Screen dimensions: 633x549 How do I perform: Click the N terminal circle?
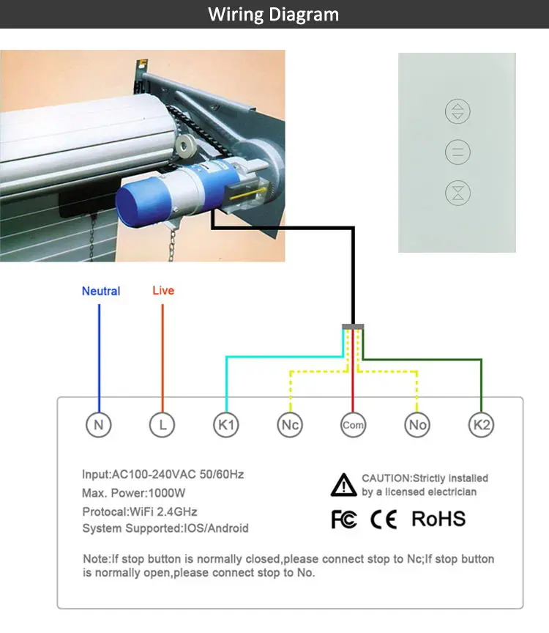coord(98,424)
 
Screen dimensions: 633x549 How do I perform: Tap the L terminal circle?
coord(162,424)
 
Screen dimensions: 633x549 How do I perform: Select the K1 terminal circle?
coord(226,424)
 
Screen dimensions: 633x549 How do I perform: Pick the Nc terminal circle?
coord(290,424)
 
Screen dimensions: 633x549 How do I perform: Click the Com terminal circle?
coord(353,424)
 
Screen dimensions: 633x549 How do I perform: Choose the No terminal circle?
coord(417,424)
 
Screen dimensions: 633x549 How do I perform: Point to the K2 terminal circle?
coord(481,424)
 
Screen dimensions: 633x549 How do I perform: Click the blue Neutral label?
coord(101,291)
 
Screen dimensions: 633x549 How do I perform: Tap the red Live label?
coord(163,291)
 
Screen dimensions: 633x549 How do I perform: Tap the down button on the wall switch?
coord(457,193)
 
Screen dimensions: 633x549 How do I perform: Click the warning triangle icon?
coord(344,485)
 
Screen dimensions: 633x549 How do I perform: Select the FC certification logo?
coord(344,519)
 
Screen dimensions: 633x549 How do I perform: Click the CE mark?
coord(384,519)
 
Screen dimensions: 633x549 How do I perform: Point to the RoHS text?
coord(438,519)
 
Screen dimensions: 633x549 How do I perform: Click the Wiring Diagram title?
coord(274,15)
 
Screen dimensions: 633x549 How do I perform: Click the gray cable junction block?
coord(353,326)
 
